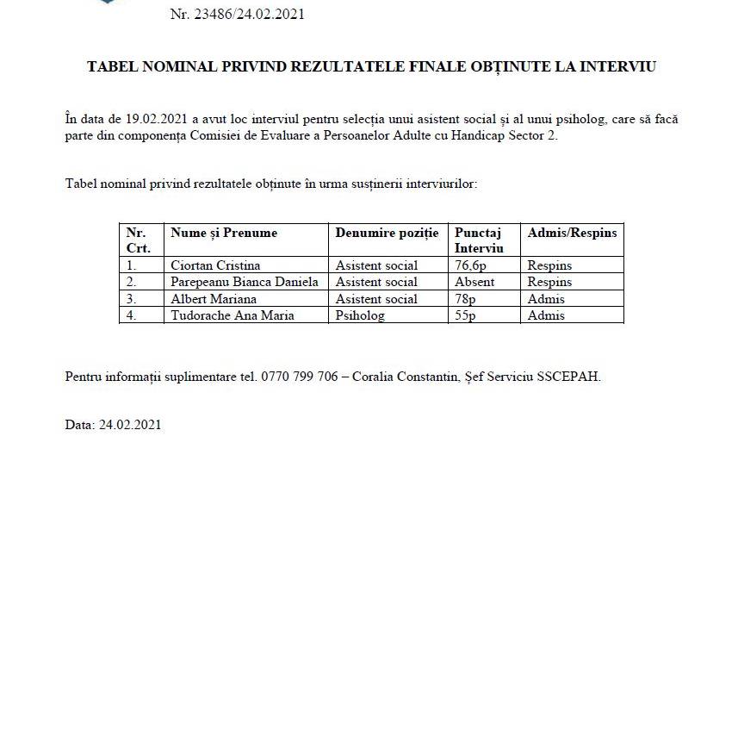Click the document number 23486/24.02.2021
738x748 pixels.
(249, 14)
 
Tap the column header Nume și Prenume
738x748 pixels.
(224, 233)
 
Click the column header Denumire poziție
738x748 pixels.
(387, 233)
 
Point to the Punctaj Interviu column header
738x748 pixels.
(479, 240)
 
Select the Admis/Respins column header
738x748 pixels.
(572, 233)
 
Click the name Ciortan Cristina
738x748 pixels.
(215, 265)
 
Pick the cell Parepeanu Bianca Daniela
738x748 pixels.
(245, 282)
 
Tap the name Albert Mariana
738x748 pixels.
(214, 299)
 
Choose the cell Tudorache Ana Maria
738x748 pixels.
(233, 315)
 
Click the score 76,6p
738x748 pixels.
(470, 265)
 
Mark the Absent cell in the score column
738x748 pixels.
(474, 282)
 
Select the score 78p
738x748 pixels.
(465, 299)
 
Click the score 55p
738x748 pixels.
(465, 315)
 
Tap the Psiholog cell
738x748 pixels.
(360, 315)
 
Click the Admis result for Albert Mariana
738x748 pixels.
(546, 299)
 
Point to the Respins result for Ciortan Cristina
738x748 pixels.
(549, 265)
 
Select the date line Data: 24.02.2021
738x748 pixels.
(113, 425)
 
